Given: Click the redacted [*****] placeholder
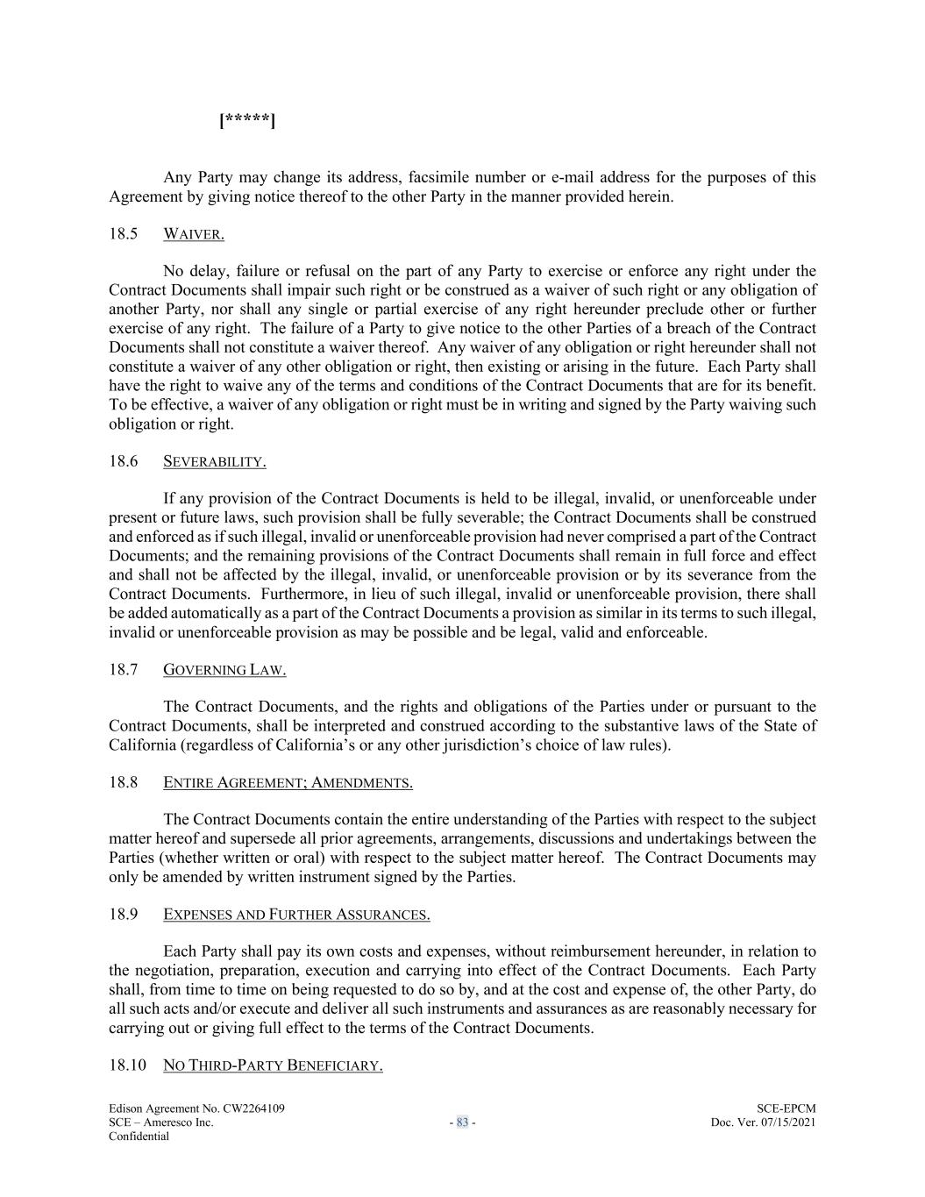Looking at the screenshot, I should pyautogui.click(x=247, y=120).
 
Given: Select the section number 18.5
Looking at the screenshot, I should pyautogui.click(x=124, y=234).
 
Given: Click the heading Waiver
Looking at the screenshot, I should pyautogui.click(x=194, y=235).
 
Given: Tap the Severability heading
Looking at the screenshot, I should pyautogui.click(x=215, y=462).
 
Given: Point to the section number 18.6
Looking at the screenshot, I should pyautogui.click(x=124, y=461).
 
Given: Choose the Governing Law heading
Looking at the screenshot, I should pyautogui.click(x=224, y=670).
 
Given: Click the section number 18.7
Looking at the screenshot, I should pyautogui.click(x=124, y=670).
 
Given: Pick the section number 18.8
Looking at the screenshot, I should pyautogui.click(x=124, y=782).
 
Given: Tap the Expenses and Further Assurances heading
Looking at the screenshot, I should pyautogui.click(x=296, y=915).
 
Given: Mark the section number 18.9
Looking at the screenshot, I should pyautogui.click(x=124, y=914).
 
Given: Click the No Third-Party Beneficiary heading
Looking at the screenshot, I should pyautogui.click(x=273, y=1065).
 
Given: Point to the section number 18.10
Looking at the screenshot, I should pyautogui.click(x=127, y=1065).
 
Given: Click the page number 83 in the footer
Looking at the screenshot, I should pyautogui.click(x=462, y=1122).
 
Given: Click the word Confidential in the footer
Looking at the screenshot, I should pyautogui.click(x=139, y=1136).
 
